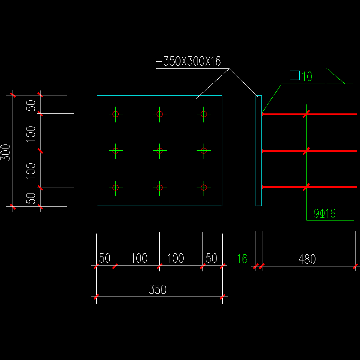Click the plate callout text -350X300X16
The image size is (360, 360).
pos(189,62)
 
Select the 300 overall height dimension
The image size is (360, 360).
pos(6,151)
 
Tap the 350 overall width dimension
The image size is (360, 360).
pos(157,290)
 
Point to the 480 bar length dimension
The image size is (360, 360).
pos(307,259)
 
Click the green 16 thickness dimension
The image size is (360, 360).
pos(242,259)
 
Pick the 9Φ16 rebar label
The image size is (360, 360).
pos(324,214)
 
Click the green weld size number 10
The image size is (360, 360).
pos(307,76)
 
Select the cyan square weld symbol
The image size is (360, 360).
pos(295,76)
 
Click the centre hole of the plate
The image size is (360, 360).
pos(159,151)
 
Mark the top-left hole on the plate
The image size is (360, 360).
pos(116,114)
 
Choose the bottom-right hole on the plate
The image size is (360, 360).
pos(203,187)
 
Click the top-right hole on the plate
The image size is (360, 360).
pos(203,114)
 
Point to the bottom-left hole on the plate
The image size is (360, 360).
pos(116,187)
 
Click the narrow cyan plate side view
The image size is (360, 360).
pos(259,151)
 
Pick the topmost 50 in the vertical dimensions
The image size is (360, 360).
pos(31,105)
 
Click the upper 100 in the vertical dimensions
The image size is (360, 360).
pos(31,133)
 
